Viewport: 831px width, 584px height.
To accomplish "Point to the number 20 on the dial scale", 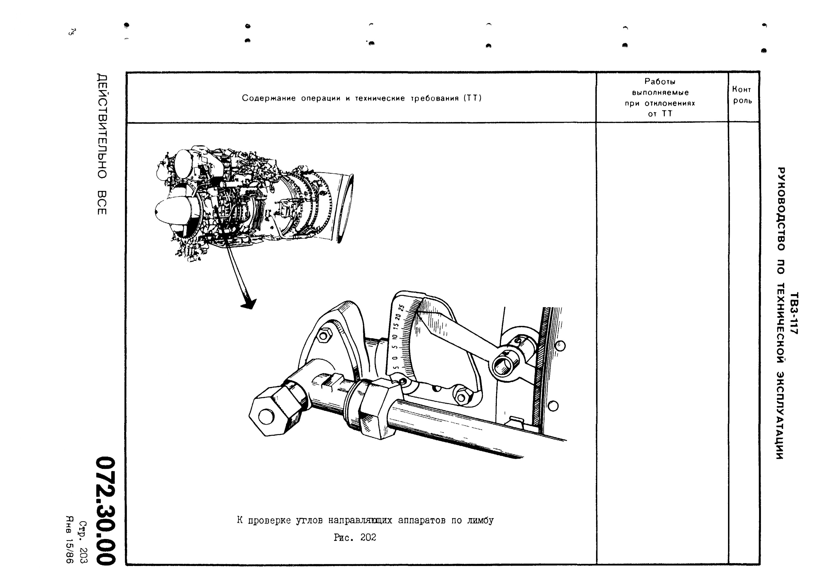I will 398,317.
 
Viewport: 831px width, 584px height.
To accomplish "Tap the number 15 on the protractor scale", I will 396,326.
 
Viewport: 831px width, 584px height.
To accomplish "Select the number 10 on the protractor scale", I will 395,337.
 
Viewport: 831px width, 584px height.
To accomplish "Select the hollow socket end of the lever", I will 502,367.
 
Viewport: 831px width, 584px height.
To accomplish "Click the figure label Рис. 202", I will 355,538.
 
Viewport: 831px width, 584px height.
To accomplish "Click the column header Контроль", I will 742,95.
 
